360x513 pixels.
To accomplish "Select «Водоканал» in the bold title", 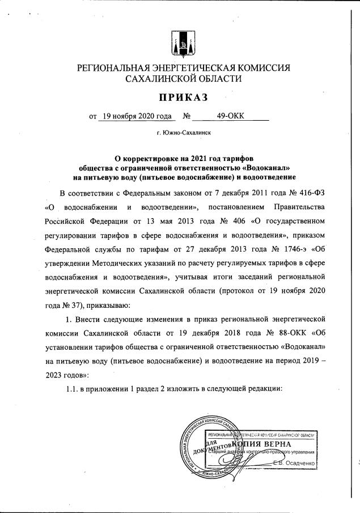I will [265, 168].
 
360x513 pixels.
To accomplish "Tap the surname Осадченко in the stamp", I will [302, 464].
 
